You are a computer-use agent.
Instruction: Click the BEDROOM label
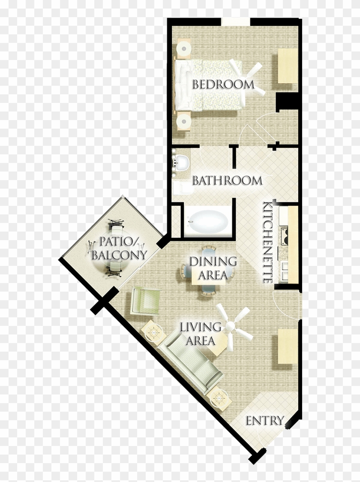tap(223, 84)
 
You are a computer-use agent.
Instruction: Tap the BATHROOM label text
tap(227, 181)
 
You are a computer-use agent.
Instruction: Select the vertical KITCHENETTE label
tap(268, 242)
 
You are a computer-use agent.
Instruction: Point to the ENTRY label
tap(265, 421)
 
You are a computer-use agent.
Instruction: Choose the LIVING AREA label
tap(201, 334)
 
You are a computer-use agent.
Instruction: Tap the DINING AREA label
tap(213, 268)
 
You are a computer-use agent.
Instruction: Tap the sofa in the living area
tap(194, 362)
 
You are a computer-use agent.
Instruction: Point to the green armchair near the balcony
tap(145, 300)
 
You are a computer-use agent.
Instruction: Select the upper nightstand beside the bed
tap(184, 48)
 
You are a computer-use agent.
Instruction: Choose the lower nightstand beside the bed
tap(184, 121)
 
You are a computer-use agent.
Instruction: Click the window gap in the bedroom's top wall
tap(235, 22)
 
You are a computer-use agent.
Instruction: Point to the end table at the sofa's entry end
tap(220, 398)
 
